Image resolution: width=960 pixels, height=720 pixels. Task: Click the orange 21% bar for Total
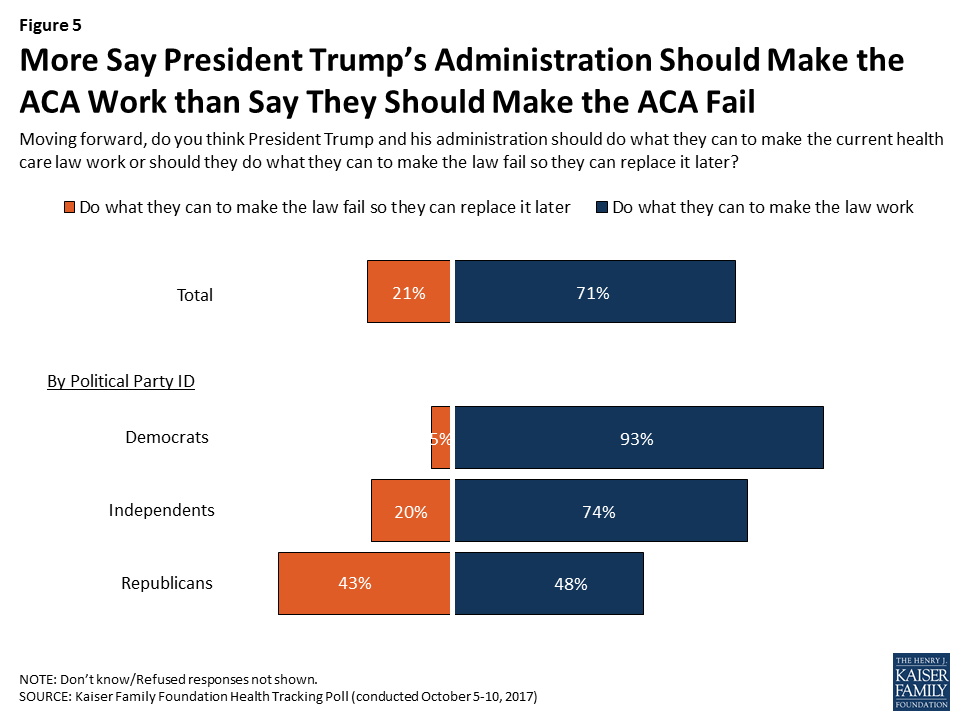409,292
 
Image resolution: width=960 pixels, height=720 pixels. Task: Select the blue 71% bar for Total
595,292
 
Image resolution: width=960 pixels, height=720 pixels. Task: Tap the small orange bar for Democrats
441,438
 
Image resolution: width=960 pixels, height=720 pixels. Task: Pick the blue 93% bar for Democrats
639,438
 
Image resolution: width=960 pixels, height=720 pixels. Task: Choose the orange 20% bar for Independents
411,511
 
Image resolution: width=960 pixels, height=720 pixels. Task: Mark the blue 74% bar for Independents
601,511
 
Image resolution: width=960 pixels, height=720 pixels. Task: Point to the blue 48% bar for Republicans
549,583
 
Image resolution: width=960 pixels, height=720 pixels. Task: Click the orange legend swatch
69,208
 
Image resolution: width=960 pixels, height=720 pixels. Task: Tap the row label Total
194,295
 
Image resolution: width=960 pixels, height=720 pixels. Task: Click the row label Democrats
167,437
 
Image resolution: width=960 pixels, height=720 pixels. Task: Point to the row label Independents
162,510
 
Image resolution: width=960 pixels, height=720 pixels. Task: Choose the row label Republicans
167,583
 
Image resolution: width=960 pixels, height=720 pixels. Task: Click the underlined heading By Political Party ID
120,381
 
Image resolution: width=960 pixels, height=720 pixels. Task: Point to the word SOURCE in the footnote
43,695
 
